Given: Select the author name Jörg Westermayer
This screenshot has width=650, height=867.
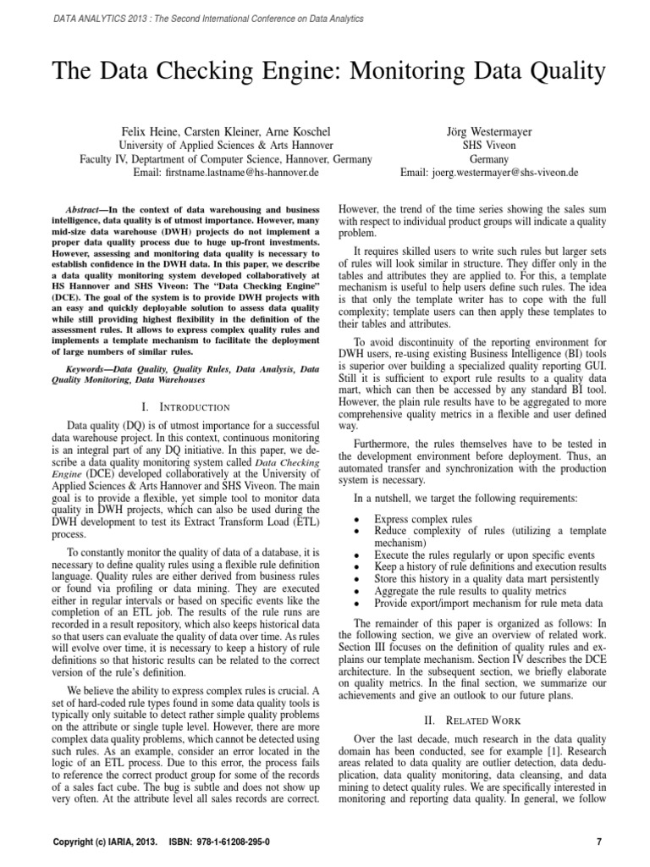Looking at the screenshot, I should pyautogui.click(x=488, y=131).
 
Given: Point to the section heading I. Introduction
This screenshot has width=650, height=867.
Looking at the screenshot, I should pyautogui.click(x=187, y=407).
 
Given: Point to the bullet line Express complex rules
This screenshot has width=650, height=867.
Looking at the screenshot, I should pyautogui.click(x=424, y=518).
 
